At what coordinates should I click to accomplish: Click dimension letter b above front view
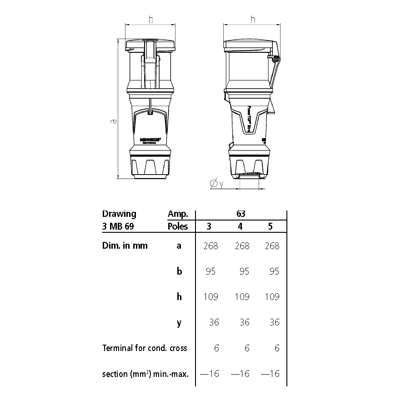[x=150, y=20]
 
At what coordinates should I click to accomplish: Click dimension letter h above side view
[x=253, y=20]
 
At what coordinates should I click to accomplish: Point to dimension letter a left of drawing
[x=114, y=121]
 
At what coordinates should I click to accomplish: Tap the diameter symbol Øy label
[x=216, y=184]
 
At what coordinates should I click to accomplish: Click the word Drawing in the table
[x=119, y=214]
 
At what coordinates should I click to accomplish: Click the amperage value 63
[x=241, y=214]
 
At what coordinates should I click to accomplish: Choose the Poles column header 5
[x=272, y=226]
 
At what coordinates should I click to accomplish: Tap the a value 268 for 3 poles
[x=211, y=246]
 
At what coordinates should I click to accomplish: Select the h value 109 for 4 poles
[x=241, y=297]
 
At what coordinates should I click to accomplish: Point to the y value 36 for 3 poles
[x=214, y=322]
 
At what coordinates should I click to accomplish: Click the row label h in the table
[x=179, y=297]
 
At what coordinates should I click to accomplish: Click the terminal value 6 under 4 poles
[x=247, y=348]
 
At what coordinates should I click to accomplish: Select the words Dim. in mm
[x=125, y=246]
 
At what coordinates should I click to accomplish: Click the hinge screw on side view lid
[x=276, y=59]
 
